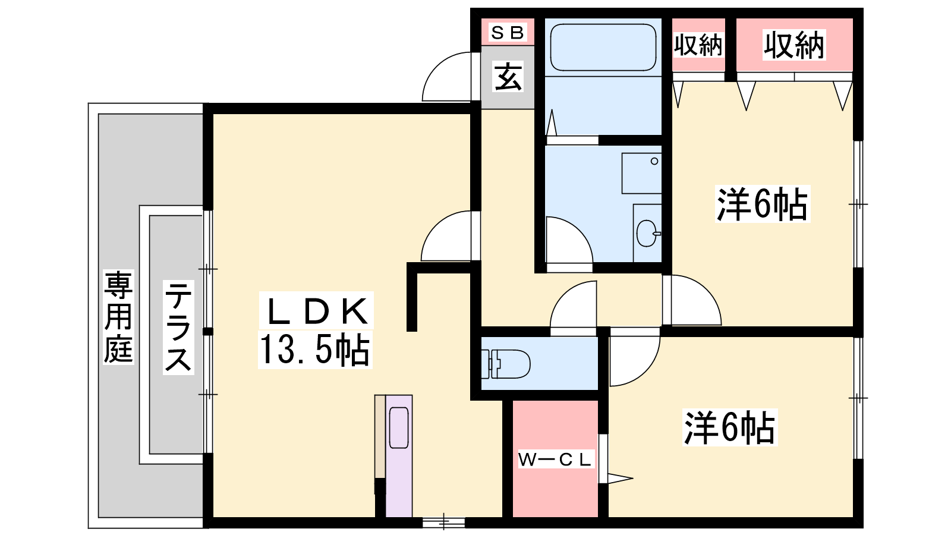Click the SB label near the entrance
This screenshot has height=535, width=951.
508,32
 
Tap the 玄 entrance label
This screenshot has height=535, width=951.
508,77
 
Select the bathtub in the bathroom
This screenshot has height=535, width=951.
603,47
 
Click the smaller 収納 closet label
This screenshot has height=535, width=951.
698,45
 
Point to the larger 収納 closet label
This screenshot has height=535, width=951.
794,45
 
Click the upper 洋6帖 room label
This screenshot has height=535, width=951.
763,204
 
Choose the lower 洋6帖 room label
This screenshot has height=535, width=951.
730,427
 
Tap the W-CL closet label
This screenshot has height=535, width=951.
555,460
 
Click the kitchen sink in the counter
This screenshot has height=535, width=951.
399,427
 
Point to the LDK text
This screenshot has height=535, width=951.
316,311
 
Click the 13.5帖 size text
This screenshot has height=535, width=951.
314,350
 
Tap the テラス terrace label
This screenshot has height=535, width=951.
178,327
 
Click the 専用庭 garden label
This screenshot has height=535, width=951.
118,317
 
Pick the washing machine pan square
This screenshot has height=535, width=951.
641,173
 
